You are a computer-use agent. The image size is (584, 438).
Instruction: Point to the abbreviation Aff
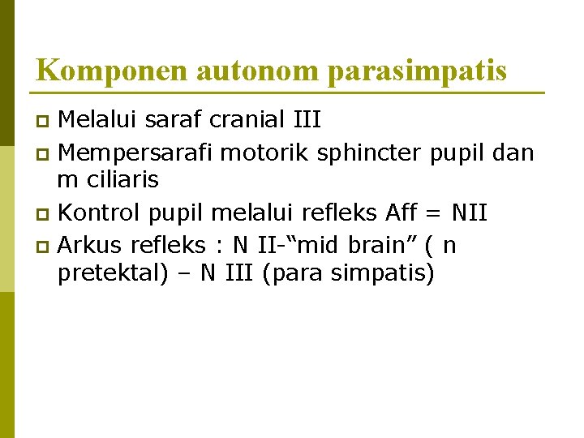tap(402, 213)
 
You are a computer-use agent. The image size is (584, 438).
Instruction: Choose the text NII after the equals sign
tap(470, 213)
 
